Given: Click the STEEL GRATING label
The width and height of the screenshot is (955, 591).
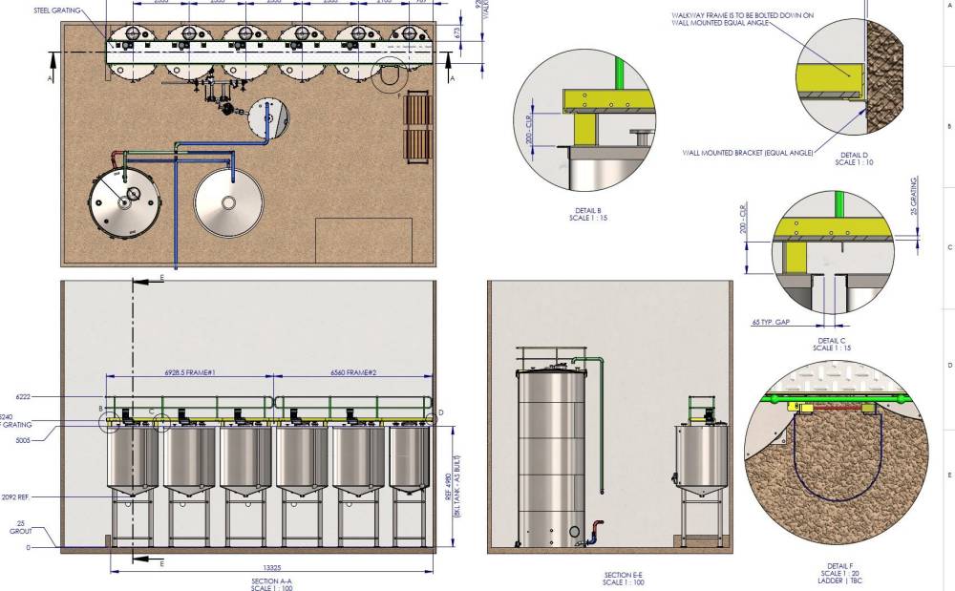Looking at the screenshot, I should point(56,11).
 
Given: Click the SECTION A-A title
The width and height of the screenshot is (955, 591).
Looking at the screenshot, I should point(271,580).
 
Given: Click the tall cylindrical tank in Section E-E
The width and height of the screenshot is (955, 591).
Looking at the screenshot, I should point(551,458).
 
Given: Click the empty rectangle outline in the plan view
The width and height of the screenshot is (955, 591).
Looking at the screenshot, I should point(363,241).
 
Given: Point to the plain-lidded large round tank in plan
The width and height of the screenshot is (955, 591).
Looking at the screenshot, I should point(229,201).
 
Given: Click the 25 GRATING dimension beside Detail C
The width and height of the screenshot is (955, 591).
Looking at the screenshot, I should point(914,196).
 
